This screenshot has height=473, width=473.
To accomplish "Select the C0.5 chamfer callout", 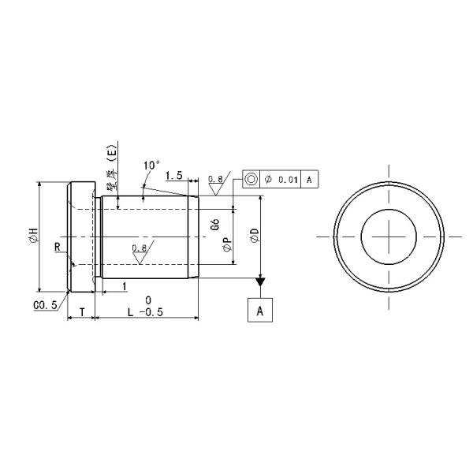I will point(45,305).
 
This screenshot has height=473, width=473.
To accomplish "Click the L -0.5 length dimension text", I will point(145,312).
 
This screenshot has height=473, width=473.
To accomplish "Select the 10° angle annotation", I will point(152,166).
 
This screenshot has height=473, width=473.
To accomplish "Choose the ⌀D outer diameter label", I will point(253,236).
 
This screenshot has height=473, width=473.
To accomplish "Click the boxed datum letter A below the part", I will point(260,311).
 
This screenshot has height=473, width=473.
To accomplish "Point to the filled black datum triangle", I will point(260,281).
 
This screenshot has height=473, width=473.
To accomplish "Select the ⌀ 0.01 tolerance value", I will point(281,181).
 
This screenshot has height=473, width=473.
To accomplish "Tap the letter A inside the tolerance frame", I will point(309,181).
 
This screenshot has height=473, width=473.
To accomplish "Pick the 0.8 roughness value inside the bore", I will point(139,248).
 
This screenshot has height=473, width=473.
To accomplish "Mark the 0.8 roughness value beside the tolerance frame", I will point(215,180).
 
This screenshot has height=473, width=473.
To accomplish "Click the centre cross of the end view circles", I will point(388,236).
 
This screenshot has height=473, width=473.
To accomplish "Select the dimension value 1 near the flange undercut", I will point(124,285).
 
